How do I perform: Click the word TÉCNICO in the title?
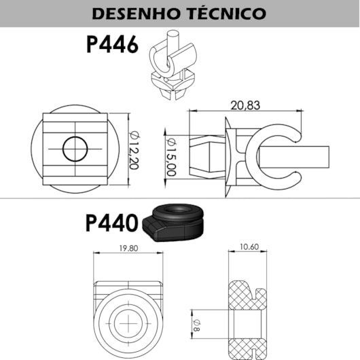click(228, 13)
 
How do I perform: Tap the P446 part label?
click(112, 45)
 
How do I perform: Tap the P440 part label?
click(112, 223)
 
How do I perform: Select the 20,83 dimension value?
click(245, 105)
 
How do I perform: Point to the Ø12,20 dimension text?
click(134, 150)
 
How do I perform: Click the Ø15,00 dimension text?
click(171, 158)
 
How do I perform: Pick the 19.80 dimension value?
click(128, 248)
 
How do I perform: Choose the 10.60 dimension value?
click(249, 247)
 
